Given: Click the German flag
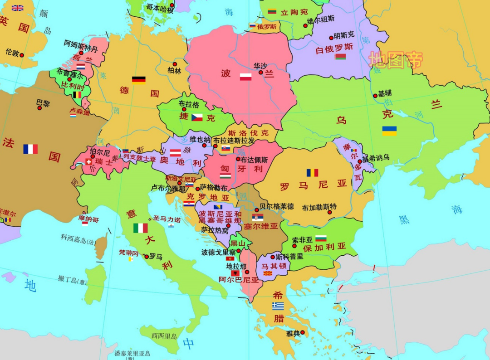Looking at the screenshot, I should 139,80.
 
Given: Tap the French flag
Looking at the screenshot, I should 30,149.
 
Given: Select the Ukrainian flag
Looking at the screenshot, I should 389,131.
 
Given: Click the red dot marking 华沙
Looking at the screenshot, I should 261,72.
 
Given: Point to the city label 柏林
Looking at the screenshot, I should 174,71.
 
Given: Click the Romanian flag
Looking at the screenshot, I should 312,173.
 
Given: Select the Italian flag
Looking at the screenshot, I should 140,228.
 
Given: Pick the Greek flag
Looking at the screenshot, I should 278,306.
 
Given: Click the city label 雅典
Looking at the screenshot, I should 293,333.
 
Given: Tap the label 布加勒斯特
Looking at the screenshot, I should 319,207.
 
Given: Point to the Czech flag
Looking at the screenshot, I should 197,117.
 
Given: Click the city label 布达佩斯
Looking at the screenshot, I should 255,160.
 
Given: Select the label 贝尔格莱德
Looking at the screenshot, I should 276,206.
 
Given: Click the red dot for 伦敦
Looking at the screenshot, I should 21,55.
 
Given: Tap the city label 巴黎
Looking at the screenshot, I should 43,103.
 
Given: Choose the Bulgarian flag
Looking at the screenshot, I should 321,238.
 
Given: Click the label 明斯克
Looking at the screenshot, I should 343,35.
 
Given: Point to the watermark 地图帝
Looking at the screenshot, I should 396,60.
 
